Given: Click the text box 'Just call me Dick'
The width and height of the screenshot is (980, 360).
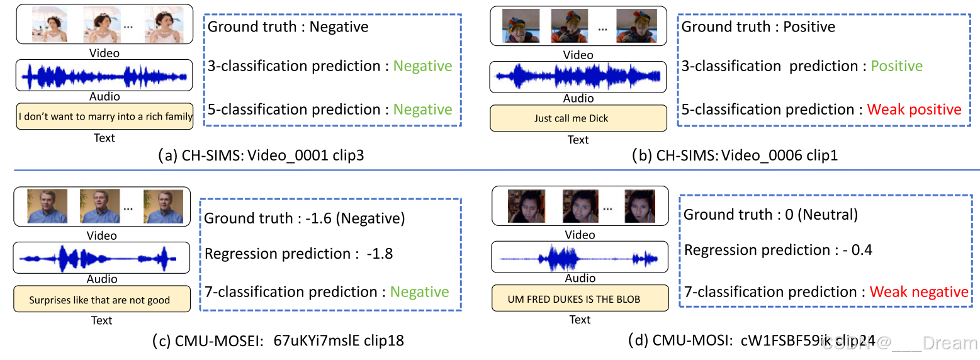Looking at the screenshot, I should click(578, 118).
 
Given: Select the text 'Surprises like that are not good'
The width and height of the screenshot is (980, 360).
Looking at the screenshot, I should click(100, 300).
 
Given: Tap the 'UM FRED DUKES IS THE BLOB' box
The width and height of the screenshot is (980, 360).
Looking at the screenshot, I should click(579, 300).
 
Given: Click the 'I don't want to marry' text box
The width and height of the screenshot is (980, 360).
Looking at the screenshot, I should click(104, 116).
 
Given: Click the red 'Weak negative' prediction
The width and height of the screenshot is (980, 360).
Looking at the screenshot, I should click(919, 292).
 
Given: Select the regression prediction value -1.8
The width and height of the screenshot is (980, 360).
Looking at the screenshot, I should click(380, 254).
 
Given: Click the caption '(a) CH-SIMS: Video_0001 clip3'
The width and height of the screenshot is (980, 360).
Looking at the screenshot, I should click(261, 155).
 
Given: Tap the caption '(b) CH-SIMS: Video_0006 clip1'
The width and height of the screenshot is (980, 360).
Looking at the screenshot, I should click(735, 155).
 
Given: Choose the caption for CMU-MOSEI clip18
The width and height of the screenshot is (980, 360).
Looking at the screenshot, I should click(278, 341).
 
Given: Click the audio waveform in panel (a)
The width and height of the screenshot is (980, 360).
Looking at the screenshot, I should click(104, 76).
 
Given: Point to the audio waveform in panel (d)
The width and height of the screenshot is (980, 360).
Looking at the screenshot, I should click(579, 258).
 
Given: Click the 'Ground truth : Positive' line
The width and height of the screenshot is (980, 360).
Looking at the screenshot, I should click(758, 26).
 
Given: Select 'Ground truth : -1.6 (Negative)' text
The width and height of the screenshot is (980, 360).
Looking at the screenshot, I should click(304, 219).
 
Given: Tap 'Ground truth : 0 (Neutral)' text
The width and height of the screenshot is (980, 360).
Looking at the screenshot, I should click(770, 215).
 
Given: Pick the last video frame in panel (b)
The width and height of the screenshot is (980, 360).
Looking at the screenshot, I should click(632, 26).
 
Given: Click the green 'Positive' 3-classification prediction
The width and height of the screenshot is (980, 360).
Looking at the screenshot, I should click(896, 66).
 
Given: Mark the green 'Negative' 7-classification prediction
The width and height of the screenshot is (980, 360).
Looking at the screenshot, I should click(419, 292).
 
